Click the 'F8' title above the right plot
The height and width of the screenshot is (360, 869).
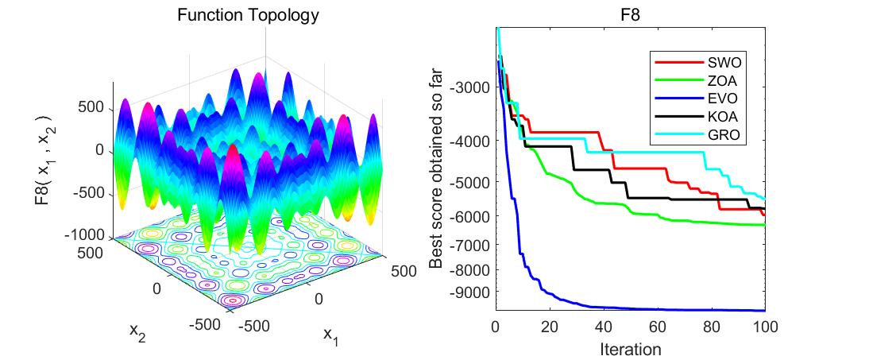pyautogui.click(x=630, y=14)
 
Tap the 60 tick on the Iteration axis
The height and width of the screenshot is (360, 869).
pyautogui.click(x=657, y=327)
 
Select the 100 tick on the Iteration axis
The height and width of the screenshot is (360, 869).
pyautogui.click(x=764, y=327)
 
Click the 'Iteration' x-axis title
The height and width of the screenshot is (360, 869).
pyautogui.click(x=630, y=347)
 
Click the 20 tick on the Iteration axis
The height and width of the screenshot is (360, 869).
pyautogui.click(x=549, y=327)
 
